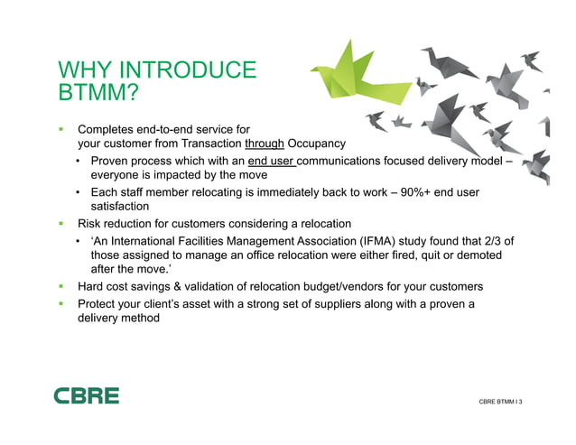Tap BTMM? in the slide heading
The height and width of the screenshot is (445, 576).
click(97, 92)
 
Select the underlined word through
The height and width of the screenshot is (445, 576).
click(265, 144)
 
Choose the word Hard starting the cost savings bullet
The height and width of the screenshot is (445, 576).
click(93, 286)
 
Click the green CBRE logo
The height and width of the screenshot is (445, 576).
click(86, 395)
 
